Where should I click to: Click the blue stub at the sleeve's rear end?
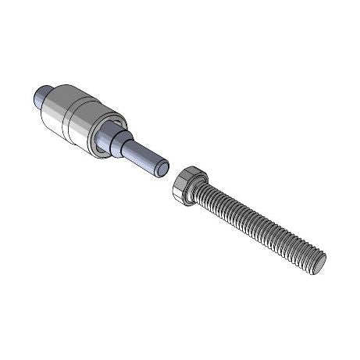coord(44,98)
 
